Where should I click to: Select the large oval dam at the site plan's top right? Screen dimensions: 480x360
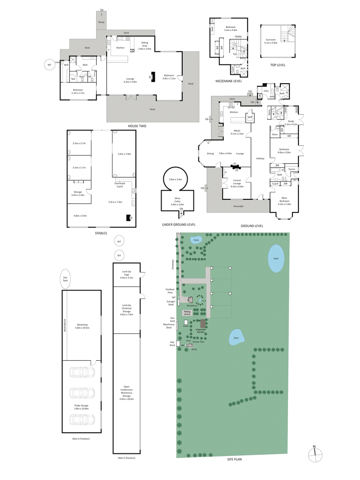click(276, 259)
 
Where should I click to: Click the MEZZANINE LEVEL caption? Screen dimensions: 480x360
click(229, 81)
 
